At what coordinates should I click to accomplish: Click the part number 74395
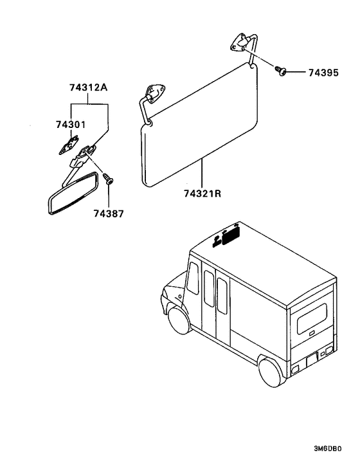point(323,73)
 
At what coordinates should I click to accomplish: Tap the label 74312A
point(88,87)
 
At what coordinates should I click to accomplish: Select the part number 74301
point(71,125)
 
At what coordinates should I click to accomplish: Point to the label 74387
point(108,213)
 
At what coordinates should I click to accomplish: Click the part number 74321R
point(203,193)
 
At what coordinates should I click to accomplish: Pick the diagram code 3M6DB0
point(327,448)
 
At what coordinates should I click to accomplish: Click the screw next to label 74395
point(281,71)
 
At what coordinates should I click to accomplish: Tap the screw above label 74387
point(108,179)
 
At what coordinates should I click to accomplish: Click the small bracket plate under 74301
point(69,145)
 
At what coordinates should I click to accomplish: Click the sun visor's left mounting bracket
point(156,93)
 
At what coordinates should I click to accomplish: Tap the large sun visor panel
point(200,125)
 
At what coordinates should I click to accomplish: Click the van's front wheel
point(180,320)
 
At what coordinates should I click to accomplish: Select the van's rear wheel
point(271,372)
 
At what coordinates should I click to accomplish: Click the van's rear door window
point(312,318)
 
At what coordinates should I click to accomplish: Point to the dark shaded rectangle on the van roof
point(231,235)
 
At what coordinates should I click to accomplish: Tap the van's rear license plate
point(312,361)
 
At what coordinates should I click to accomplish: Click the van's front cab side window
point(193,278)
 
